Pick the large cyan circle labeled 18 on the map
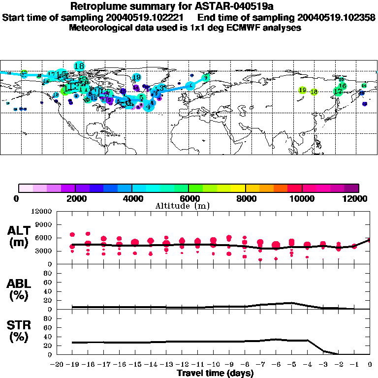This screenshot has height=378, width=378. click(79, 66)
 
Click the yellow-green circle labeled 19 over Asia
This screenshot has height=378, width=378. click(303, 90)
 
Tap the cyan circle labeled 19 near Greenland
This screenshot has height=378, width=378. click(137, 77)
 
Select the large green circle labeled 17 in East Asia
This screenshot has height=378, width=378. click(338, 92)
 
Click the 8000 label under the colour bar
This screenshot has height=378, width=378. click(245, 198)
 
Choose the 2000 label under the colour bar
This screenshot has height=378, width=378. click(75, 198)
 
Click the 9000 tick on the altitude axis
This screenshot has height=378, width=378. click(44, 224)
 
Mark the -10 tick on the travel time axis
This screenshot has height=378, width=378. click(212, 365)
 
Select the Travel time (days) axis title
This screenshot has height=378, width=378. click(215, 374)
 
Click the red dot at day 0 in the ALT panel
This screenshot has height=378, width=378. click(370, 241)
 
